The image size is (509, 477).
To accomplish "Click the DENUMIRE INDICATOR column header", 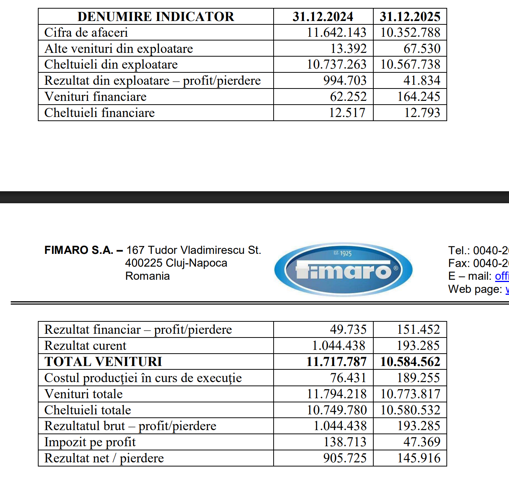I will (x=156, y=16).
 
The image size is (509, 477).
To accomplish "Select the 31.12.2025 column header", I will (x=410, y=16).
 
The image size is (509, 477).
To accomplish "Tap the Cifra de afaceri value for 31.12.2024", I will (x=336, y=33).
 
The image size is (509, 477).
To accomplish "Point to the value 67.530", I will (x=422, y=49).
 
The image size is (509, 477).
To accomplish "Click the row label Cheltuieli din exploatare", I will (x=111, y=64).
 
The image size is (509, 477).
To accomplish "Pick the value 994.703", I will (x=345, y=81).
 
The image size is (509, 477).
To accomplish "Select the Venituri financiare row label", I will (x=95, y=97).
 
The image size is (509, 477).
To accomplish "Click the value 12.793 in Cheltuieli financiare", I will (x=422, y=113).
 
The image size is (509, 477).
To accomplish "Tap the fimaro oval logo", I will (x=343, y=270).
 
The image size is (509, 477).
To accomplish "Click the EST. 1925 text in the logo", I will (x=343, y=253).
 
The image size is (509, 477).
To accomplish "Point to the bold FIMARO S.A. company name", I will (x=79, y=250).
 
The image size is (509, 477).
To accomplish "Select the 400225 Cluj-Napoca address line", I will (x=176, y=263).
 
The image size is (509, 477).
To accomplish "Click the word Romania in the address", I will (x=147, y=276).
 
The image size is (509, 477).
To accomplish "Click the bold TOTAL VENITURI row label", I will (x=103, y=361).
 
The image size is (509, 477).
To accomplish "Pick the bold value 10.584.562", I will (x=410, y=361).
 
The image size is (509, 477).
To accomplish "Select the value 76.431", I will (x=348, y=378).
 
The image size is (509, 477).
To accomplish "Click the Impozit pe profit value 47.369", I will (x=422, y=442).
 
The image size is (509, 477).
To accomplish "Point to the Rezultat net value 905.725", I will (x=345, y=458).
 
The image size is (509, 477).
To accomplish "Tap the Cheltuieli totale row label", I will (x=88, y=410).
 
